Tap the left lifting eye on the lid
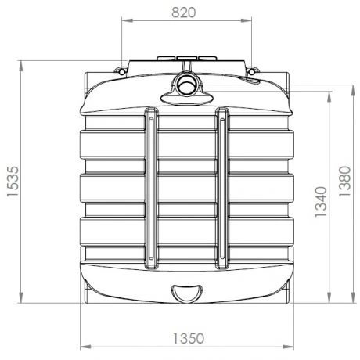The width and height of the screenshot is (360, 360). coord(121,72)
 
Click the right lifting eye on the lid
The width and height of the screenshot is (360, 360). coord(252,72)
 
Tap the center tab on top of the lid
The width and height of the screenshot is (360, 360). coord(187,57)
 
